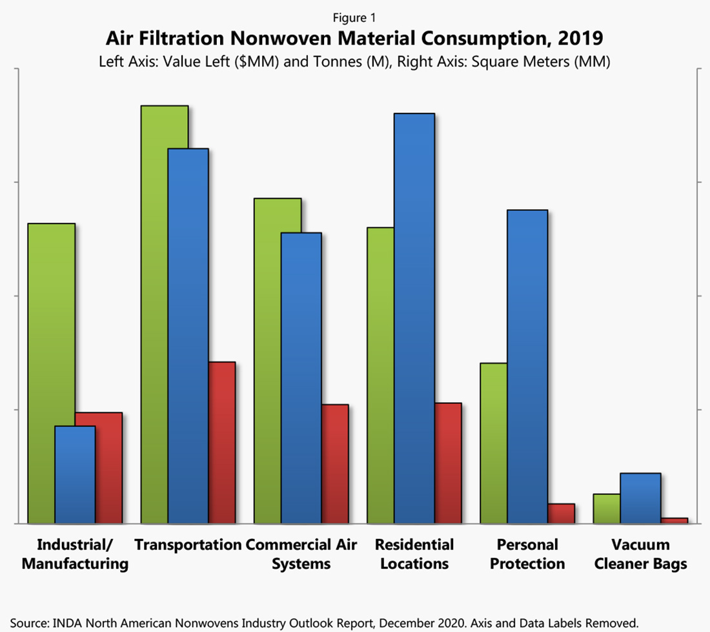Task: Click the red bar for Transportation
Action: tap(221, 442)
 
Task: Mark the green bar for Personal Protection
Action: tap(493, 442)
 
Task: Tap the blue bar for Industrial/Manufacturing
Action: tap(75, 474)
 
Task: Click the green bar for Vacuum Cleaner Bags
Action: tap(606, 509)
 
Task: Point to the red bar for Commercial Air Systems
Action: tap(335, 464)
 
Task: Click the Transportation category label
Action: tap(188, 544)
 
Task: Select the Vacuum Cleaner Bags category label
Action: tap(640, 554)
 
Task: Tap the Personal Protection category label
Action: tap(527, 554)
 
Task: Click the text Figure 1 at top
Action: tap(354, 18)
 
